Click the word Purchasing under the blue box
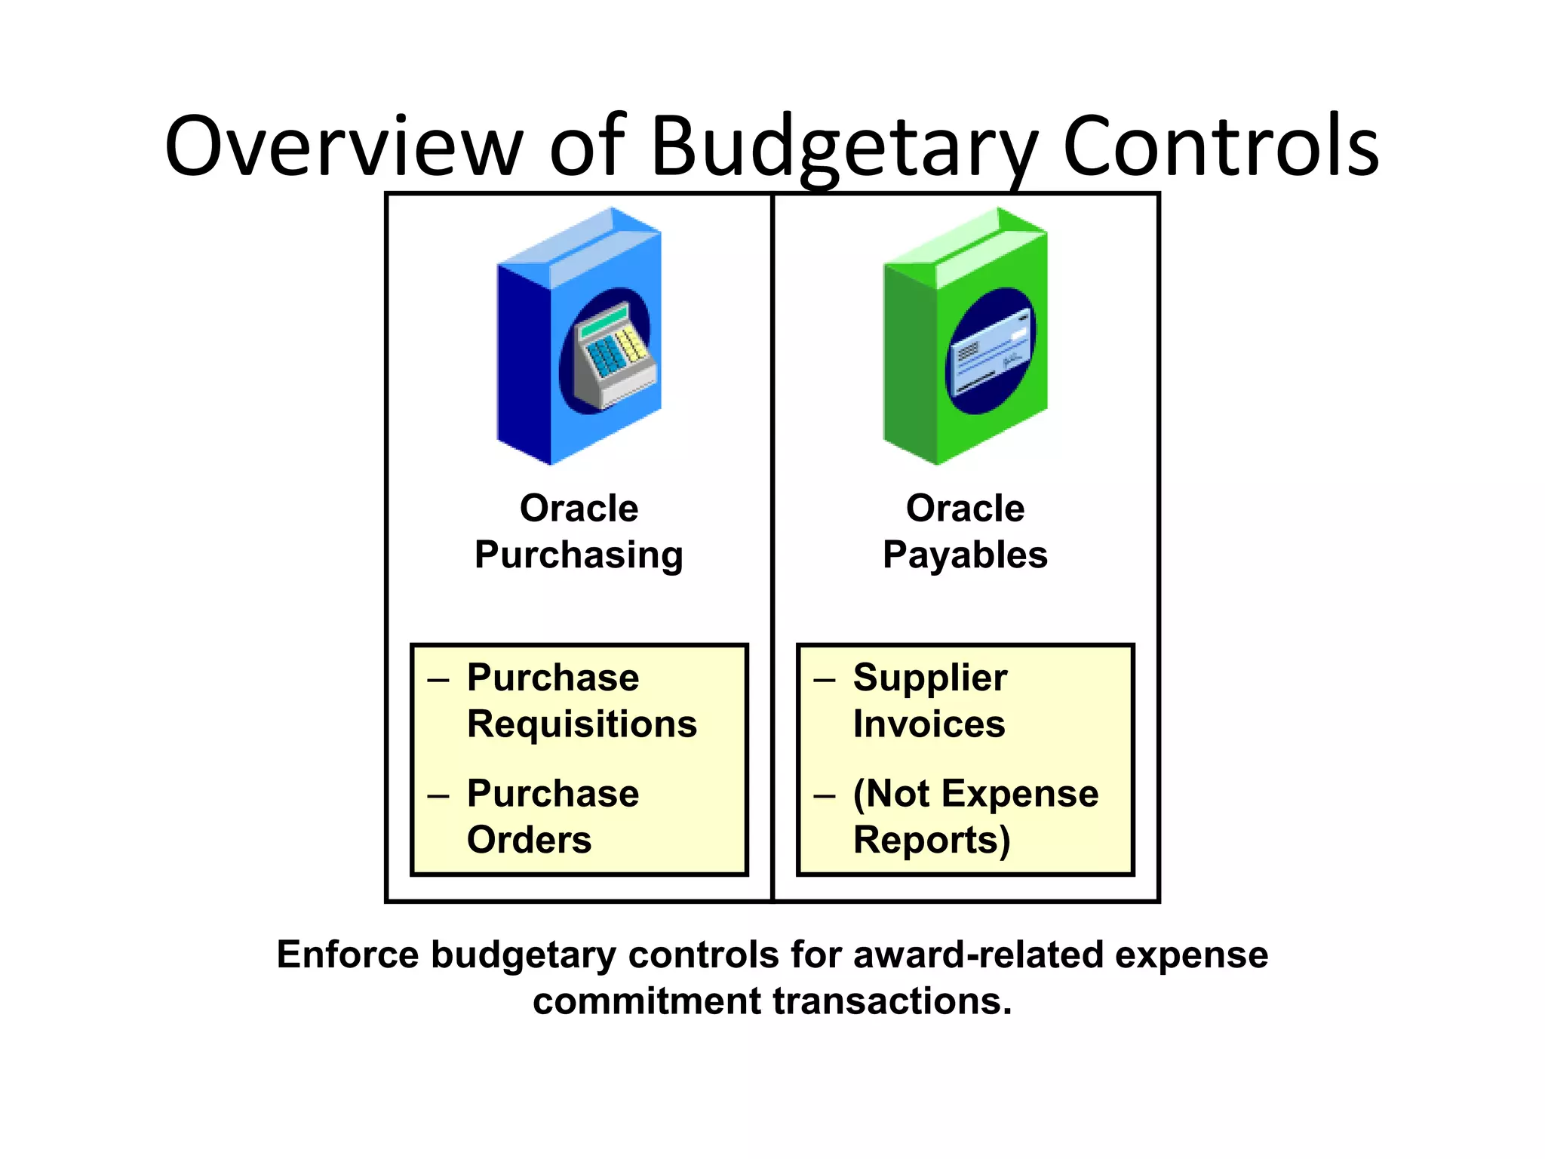579,555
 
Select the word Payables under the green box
965,555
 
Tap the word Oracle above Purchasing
579,508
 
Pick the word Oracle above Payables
965,508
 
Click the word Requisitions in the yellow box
582,724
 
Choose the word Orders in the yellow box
529,840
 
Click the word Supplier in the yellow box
929,678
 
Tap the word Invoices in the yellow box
929,724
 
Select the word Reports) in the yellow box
931,840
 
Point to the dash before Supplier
825,680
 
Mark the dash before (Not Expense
825,795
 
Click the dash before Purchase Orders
438,795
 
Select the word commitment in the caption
647,1001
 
